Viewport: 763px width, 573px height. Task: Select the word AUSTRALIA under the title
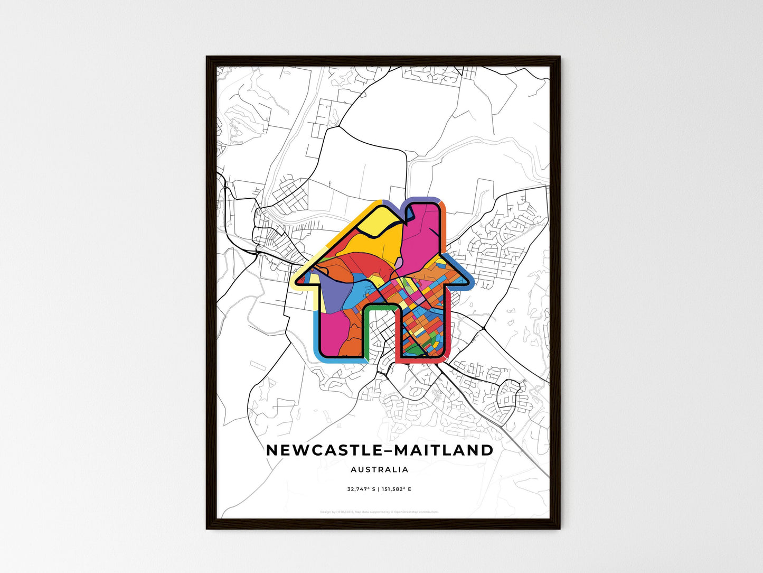379,469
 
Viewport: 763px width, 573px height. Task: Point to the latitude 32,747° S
361,489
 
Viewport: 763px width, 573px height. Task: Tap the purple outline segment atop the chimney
422,199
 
